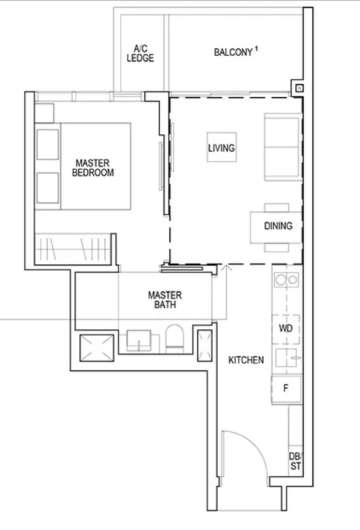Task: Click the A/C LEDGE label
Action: (140, 54)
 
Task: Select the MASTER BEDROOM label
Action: (93, 168)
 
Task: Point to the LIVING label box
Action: (221, 147)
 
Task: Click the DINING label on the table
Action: (278, 226)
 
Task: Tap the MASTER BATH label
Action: (165, 300)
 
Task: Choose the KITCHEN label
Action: (246, 360)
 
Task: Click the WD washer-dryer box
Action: (286, 328)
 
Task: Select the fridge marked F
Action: (286, 389)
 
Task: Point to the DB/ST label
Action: (296, 461)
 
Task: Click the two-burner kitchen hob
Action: (286, 280)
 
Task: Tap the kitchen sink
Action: (288, 358)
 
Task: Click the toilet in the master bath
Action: (174, 338)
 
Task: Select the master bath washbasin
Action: (139, 341)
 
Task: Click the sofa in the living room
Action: (283, 147)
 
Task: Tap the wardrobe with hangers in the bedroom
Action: (73, 249)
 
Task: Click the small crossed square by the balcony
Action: (300, 88)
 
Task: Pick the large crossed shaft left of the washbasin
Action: (97, 348)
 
